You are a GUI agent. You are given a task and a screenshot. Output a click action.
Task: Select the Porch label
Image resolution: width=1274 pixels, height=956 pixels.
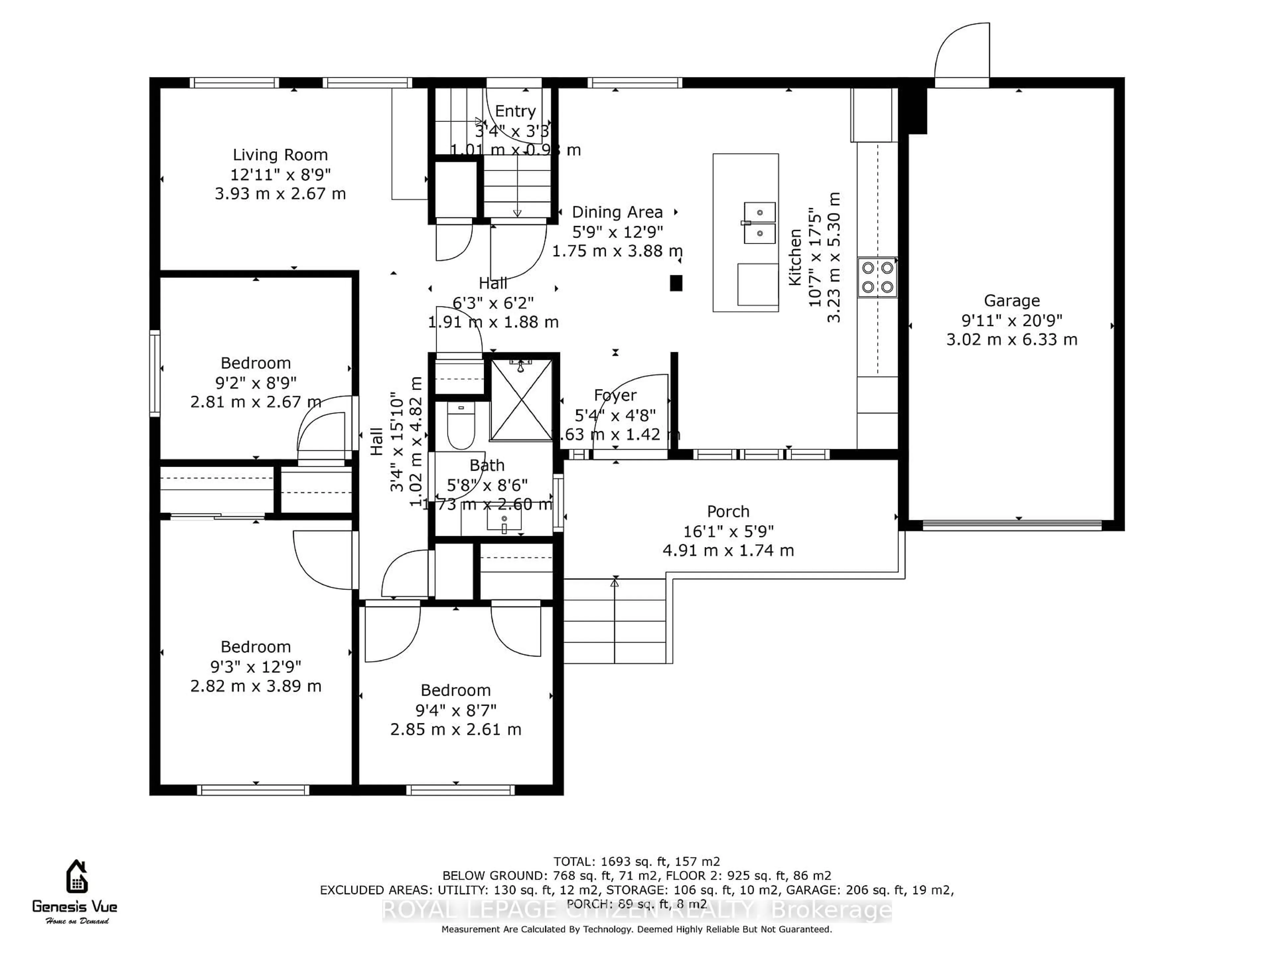click(728, 512)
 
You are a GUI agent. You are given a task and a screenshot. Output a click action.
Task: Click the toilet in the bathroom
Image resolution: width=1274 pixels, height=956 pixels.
click(461, 427)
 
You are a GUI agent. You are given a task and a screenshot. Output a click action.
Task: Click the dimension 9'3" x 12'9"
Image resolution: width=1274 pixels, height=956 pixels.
click(256, 667)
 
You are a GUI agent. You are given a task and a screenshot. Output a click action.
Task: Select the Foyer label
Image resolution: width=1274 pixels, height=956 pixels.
click(615, 395)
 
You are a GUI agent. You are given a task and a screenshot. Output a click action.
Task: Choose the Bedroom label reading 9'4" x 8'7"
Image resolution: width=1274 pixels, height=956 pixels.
click(456, 690)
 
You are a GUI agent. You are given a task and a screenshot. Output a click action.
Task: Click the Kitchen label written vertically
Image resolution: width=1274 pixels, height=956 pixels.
click(795, 257)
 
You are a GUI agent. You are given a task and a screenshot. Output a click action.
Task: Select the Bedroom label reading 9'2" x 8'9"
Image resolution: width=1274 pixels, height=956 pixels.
click(256, 363)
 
